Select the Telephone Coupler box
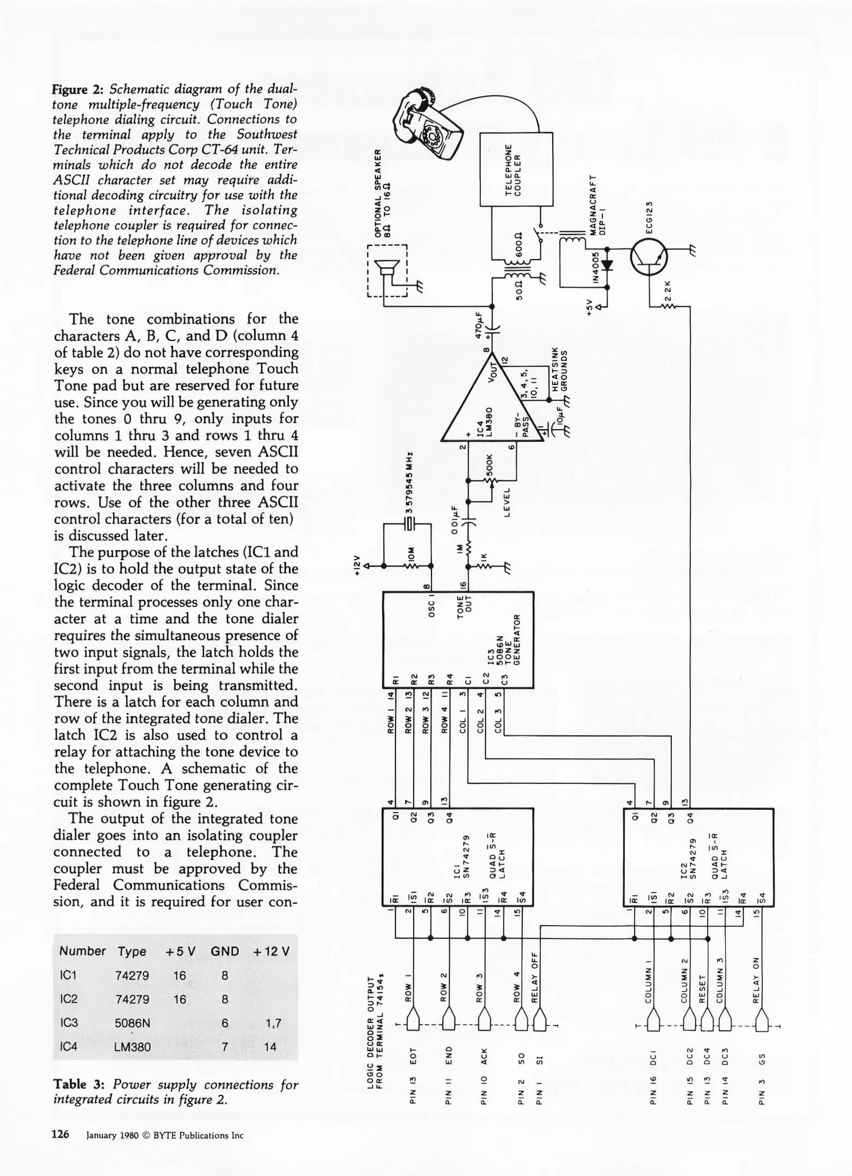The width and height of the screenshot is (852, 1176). click(x=516, y=169)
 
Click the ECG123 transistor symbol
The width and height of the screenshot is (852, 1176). click(x=649, y=258)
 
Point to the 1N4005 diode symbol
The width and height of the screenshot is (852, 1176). click(x=607, y=266)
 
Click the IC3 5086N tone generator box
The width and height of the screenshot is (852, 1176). click(x=458, y=640)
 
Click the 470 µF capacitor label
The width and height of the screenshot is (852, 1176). click(x=479, y=326)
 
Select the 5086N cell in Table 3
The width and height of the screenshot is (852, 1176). click(x=132, y=1022)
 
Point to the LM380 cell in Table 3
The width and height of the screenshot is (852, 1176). click(x=133, y=1046)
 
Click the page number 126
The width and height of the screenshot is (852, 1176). click(x=60, y=1134)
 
